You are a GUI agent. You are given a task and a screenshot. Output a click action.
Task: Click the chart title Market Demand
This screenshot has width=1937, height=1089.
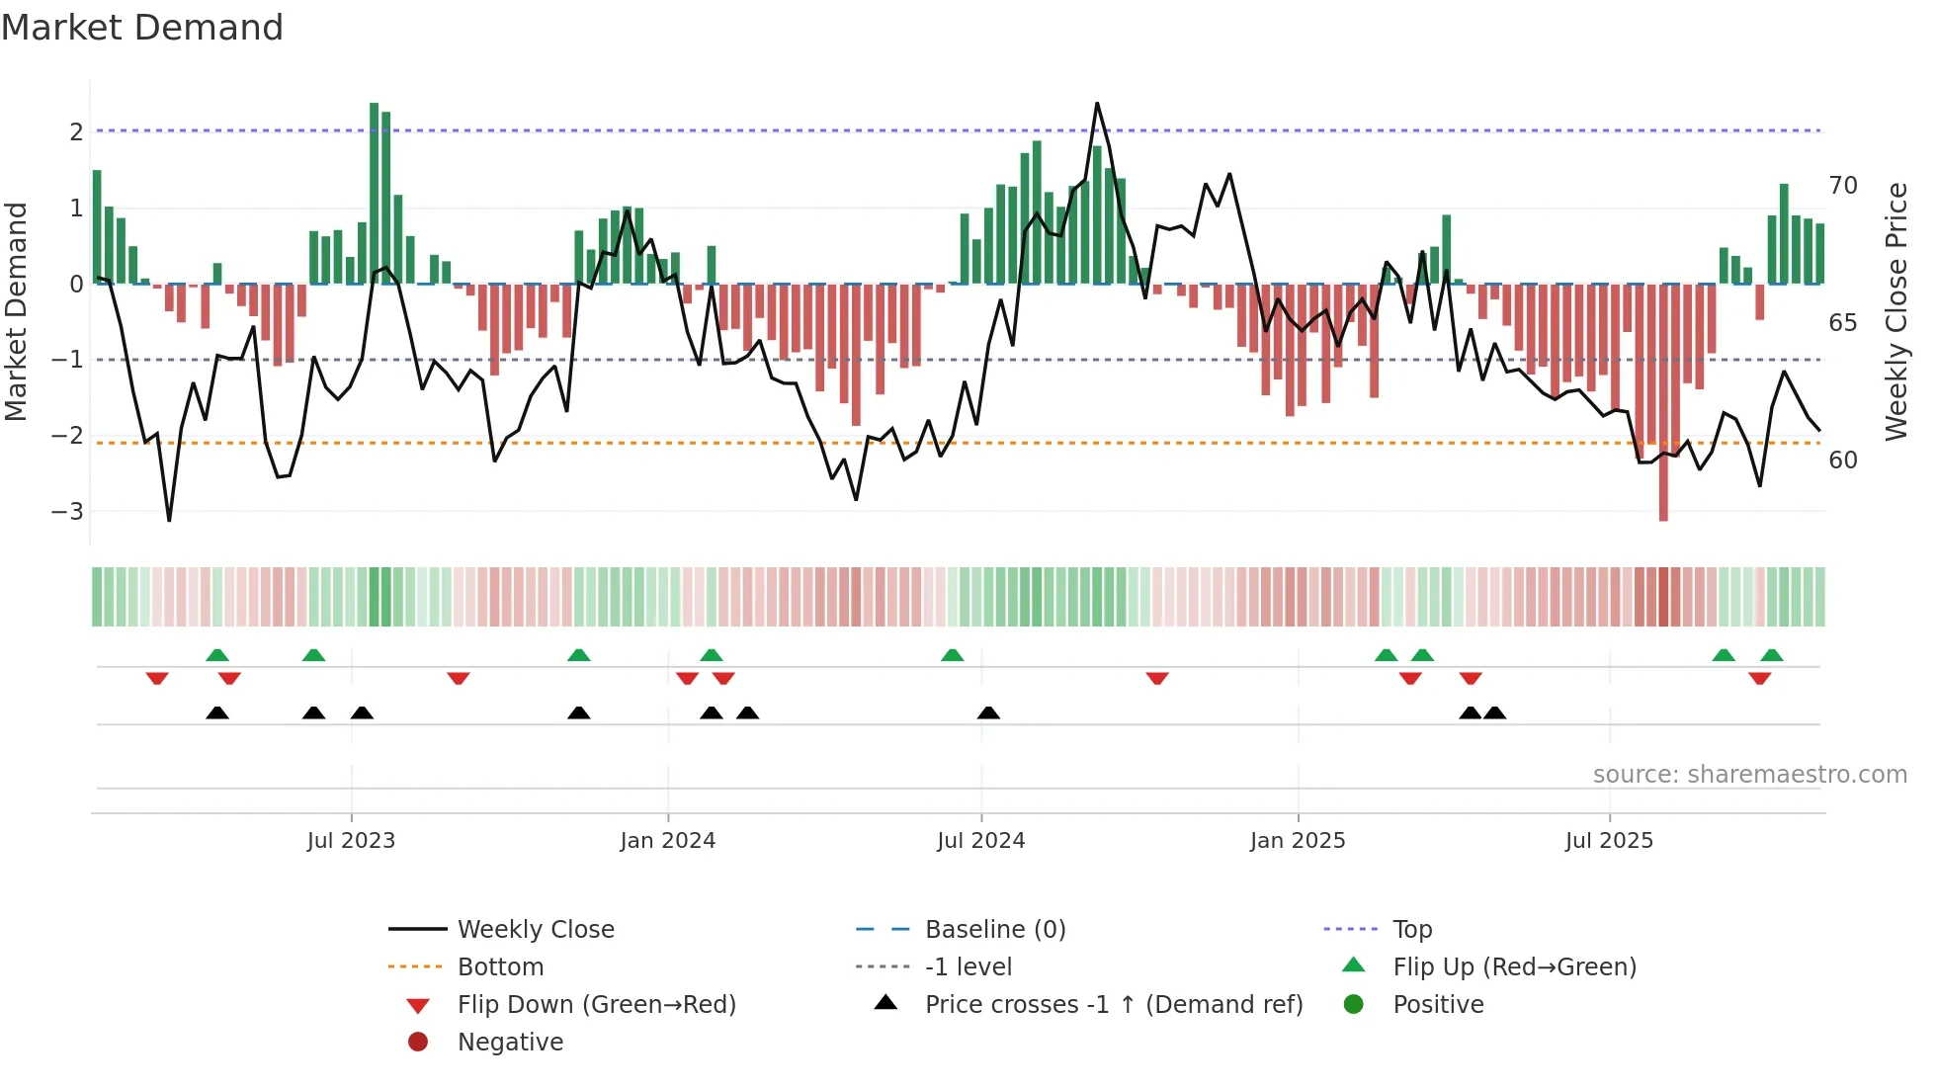[142, 28]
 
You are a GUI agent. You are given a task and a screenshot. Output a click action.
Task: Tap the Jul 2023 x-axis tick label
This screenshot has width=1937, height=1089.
[351, 841]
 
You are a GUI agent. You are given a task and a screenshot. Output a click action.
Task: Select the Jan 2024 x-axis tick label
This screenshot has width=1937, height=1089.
[667, 841]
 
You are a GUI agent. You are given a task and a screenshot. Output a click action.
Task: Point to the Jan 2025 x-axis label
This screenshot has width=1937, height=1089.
[1297, 841]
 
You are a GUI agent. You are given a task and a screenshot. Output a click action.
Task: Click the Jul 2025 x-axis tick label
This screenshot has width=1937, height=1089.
[1609, 841]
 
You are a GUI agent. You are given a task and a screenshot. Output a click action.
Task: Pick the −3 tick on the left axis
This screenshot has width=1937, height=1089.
[67, 512]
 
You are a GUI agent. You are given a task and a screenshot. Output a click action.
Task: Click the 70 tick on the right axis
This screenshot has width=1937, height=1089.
[1842, 186]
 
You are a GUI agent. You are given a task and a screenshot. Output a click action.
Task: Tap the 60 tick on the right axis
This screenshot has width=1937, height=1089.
[1842, 461]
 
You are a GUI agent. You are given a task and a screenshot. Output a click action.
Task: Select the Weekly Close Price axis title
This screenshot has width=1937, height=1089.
[1895, 311]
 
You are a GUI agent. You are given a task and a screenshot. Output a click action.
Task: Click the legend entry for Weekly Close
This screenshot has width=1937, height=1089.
[535, 930]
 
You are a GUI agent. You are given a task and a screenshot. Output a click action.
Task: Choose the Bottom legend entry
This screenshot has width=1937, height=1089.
[500, 967]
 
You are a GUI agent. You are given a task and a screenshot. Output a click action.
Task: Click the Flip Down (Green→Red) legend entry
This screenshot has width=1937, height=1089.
[596, 1005]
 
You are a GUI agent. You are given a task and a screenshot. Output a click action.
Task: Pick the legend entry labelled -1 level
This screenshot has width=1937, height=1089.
[968, 967]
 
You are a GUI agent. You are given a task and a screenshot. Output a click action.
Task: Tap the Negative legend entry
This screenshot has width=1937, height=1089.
[510, 1043]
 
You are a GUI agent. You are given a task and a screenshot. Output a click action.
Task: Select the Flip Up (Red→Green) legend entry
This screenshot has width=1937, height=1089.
[1514, 967]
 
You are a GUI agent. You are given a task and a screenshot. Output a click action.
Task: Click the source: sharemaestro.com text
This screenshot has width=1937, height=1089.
[1749, 775]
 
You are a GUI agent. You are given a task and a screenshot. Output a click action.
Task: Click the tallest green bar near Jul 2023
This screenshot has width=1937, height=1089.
[375, 193]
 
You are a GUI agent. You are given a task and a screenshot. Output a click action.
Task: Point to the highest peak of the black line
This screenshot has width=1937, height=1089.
[1097, 104]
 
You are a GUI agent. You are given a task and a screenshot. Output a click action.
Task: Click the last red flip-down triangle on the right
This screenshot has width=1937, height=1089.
[1759, 678]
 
